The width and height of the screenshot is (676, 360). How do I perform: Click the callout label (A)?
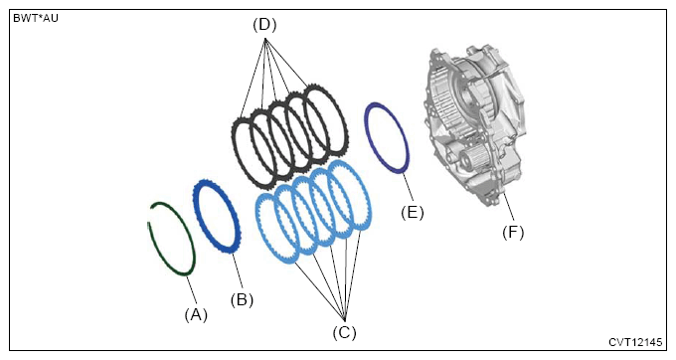click(x=196, y=315)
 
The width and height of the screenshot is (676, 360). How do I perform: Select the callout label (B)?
click(x=242, y=299)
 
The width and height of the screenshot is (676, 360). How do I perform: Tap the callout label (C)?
click(x=345, y=332)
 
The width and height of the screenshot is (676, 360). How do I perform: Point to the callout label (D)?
click(x=264, y=25)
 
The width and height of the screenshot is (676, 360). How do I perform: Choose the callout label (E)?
click(x=413, y=213)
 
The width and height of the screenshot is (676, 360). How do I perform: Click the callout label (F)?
click(x=513, y=233)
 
